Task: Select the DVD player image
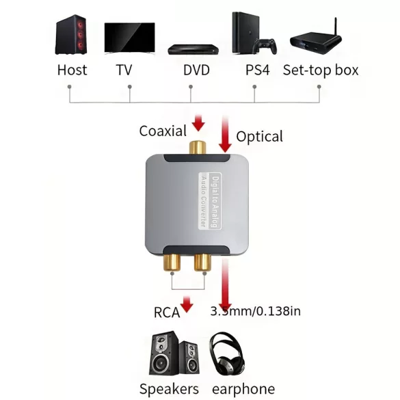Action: point(194,49)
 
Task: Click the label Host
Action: point(72,70)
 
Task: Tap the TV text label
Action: point(124,70)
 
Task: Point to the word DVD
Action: point(196,70)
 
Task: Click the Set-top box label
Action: point(321,70)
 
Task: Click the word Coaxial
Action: point(163,130)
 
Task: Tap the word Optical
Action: point(259,136)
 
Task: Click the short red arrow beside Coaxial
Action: point(198,124)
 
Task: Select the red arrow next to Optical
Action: point(225,135)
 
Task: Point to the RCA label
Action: point(167,312)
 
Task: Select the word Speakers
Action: point(169,389)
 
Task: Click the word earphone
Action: point(243,389)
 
